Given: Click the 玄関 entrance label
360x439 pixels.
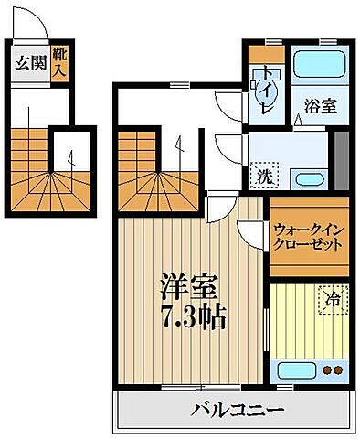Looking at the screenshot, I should coord(27,64).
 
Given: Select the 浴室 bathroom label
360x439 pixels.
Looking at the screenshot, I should coord(319,105).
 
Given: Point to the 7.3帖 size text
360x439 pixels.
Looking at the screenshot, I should coord(189,320).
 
